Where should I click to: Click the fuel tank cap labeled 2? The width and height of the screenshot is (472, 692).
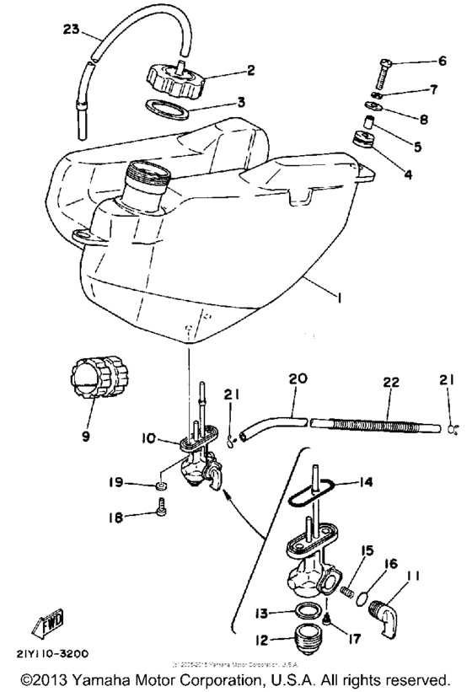178,78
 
